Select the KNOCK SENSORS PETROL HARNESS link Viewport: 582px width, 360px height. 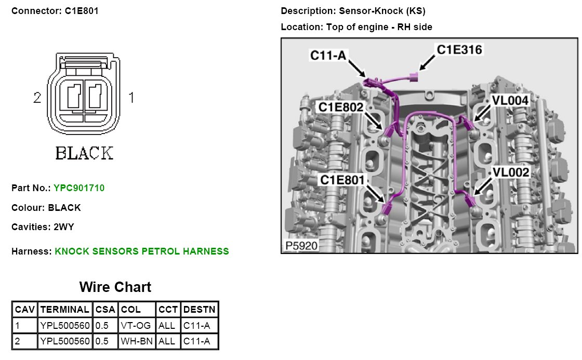141,251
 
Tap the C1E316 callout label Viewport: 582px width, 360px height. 459,50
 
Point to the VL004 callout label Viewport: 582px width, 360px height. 510,101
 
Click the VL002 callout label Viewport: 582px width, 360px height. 511,172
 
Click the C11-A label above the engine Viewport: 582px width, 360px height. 328,55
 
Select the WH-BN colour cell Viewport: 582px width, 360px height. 136,341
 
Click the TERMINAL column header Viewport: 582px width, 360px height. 65,310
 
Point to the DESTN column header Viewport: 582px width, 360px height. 200,310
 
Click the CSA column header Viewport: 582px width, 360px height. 105,310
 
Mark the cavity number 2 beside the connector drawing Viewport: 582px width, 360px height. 37,97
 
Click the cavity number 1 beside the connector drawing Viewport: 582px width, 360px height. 131,97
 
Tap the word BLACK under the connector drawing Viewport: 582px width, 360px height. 84,153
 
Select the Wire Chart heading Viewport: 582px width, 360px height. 115,287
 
